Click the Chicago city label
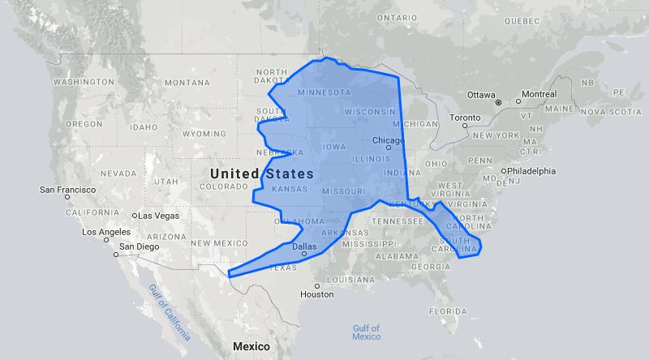tap(387, 141)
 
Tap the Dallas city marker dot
tap(304, 254)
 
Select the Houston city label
tap(316, 294)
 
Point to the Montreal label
tap(539, 94)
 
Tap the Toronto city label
tap(465, 118)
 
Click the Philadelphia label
tap(532, 171)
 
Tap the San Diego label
tap(140, 246)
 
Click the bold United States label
tap(260, 174)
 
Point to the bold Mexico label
tap(251, 346)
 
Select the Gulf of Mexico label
tap(366, 332)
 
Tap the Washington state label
tap(84, 82)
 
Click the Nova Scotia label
tap(604, 111)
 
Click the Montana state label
tap(187, 83)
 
